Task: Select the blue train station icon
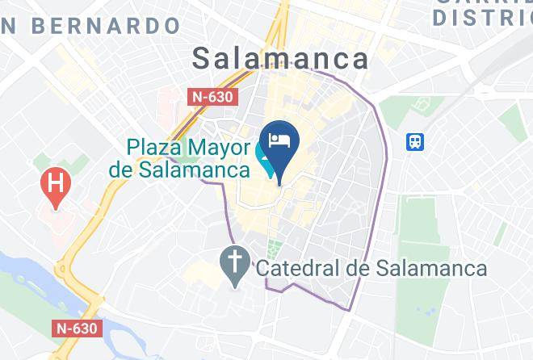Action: [416, 142]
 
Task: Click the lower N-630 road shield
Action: [78, 329]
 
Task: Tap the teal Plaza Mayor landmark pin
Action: [264, 160]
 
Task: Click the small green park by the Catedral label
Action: [275, 247]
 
